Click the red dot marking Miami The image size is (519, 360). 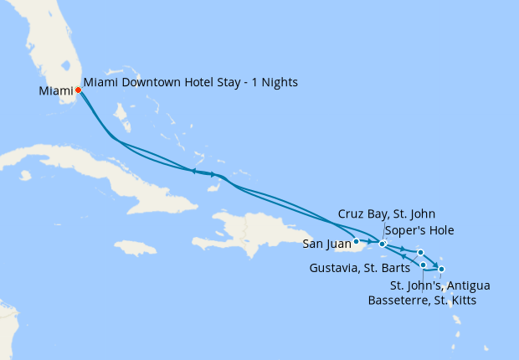pos(78,91)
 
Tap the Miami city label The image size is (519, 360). pos(55,90)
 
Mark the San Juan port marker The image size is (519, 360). pos(357,241)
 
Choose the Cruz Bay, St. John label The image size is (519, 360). pos(387,214)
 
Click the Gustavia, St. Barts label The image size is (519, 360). pos(360,268)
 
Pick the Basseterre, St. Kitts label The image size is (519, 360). pos(423,300)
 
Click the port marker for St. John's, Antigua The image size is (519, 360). pos(442,269)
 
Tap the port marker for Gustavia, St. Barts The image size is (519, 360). pos(420,252)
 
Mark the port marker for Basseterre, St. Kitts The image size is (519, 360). pos(424,265)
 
